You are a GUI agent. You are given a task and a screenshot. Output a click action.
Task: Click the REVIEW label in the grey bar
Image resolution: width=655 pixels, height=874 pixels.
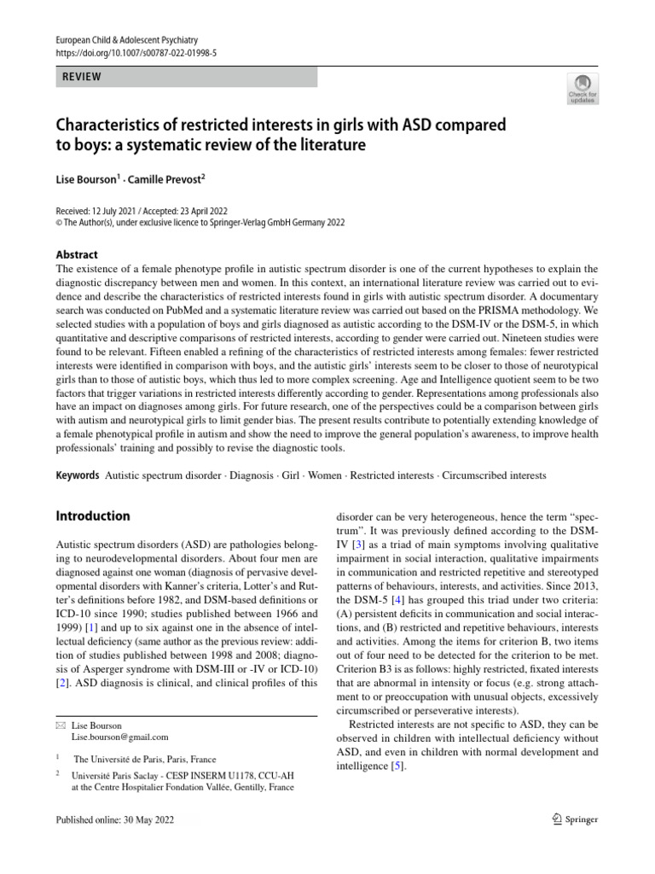[82, 77]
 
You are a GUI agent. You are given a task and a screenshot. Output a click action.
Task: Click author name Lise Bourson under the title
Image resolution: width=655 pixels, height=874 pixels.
[84, 182]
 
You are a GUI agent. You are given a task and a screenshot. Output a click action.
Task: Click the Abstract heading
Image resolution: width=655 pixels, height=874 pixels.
[77, 254]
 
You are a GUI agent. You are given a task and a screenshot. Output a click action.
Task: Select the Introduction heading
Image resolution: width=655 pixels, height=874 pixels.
[93, 516]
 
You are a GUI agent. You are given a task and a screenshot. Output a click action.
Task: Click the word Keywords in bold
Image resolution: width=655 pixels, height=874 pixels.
[77, 475]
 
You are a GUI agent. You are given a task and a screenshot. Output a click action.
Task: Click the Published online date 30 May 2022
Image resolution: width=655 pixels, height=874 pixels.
[158, 819]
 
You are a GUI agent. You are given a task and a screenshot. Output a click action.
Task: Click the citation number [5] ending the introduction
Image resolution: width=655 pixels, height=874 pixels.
[397, 766]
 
